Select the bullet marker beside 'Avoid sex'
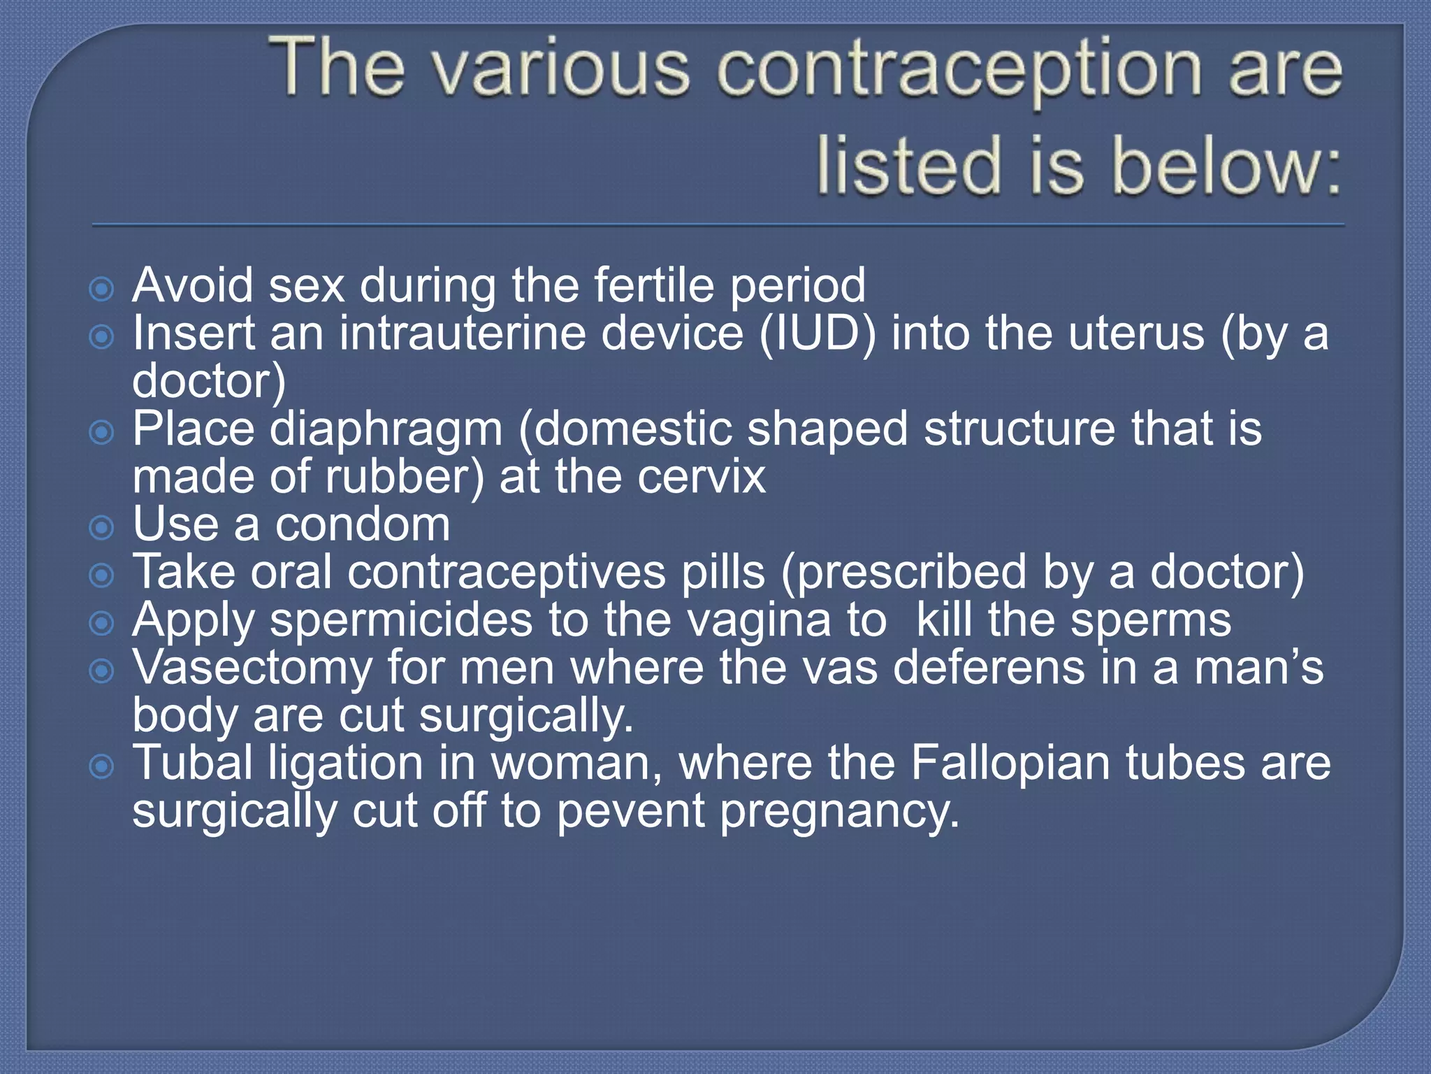102,289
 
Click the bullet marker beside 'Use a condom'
102,528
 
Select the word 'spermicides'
402,622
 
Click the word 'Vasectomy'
252,668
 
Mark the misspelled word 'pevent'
631,812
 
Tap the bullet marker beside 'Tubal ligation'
102,767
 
